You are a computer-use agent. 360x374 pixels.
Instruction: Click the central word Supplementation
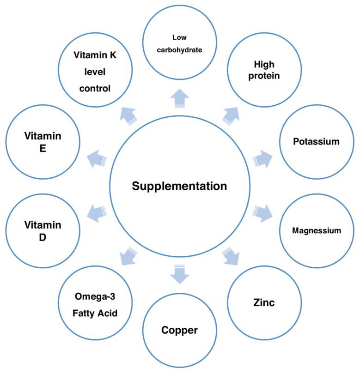point(179,187)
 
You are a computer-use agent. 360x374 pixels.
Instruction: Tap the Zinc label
point(264,303)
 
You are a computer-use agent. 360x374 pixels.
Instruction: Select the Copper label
point(180,331)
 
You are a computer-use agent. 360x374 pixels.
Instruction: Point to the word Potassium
point(316,141)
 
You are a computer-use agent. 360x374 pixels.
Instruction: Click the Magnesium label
point(316,230)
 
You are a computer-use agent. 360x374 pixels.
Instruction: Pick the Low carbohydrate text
point(180,45)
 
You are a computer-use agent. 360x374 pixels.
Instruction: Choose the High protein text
point(267,70)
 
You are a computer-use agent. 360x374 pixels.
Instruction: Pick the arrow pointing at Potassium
point(262,158)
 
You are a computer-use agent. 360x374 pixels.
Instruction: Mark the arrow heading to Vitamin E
point(97,158)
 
